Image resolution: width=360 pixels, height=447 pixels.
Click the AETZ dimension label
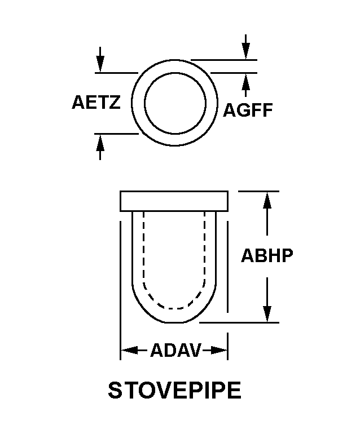96,102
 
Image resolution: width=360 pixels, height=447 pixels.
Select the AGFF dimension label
248,110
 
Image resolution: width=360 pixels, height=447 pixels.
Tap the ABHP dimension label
267,255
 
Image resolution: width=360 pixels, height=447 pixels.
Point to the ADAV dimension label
175,350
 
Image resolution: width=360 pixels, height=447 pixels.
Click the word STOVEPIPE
174,391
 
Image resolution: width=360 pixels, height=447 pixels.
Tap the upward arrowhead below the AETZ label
100,142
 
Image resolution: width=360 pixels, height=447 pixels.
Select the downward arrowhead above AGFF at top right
245,51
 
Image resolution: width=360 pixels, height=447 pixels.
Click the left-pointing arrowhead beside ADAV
130,350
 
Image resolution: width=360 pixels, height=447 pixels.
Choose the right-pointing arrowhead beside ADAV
219,350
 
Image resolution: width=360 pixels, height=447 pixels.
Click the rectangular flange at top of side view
174,201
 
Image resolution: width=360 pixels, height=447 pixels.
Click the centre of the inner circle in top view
175,103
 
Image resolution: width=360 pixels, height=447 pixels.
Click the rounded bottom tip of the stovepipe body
174,322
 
